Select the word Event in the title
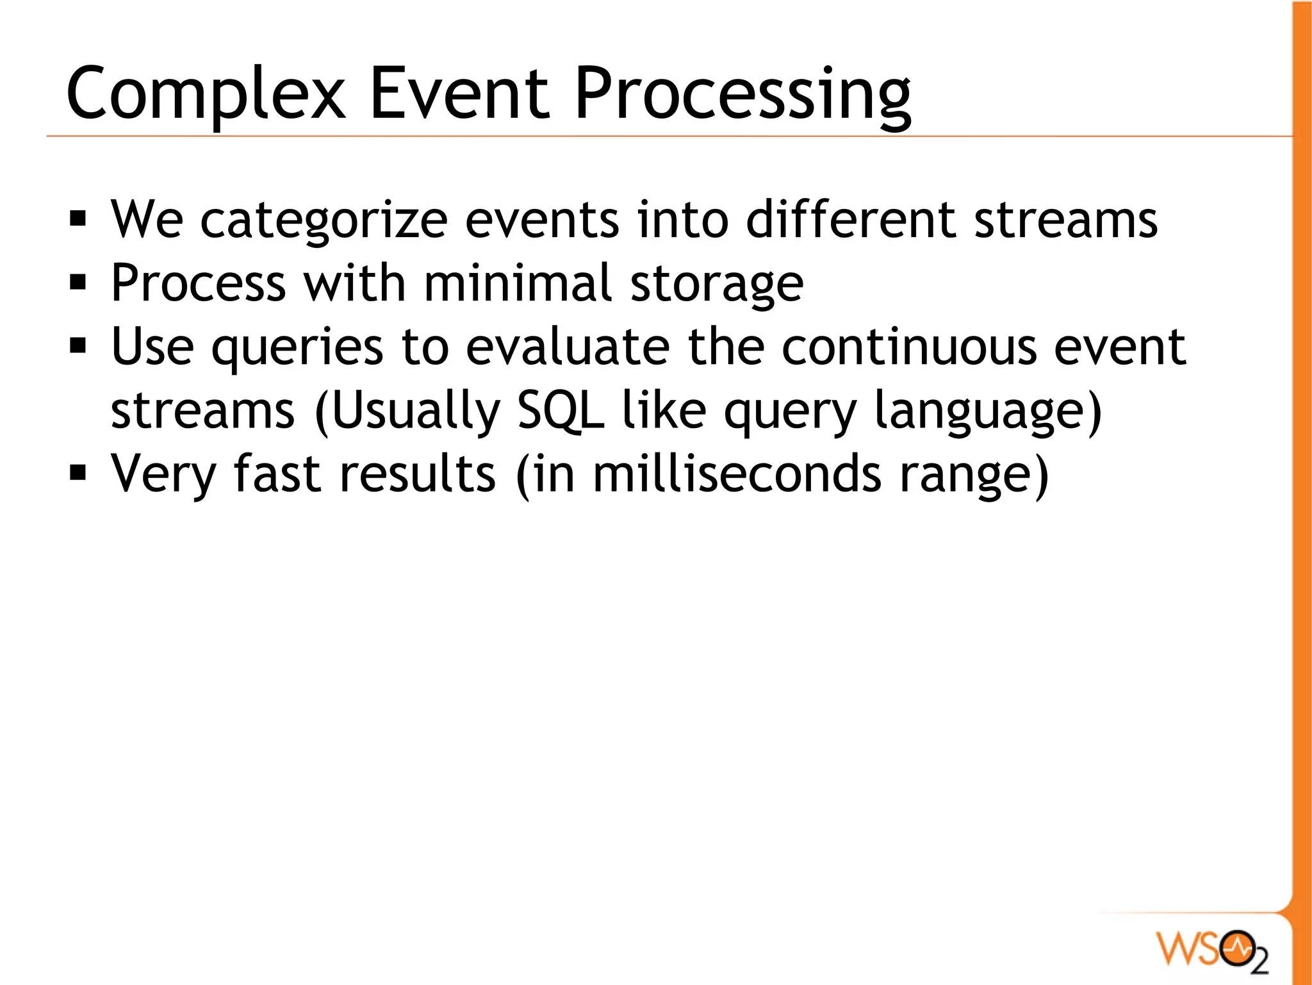point(459,95)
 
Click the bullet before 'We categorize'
point(78,220)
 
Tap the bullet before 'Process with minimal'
point(78,283)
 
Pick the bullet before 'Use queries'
point(78,347)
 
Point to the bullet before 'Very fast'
point(78,474)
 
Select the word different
point(851,220)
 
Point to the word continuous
point(909,347)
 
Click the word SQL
point(561,410)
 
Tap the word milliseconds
point(737,474)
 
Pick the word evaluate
point(568,347)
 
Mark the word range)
point(974,475)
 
